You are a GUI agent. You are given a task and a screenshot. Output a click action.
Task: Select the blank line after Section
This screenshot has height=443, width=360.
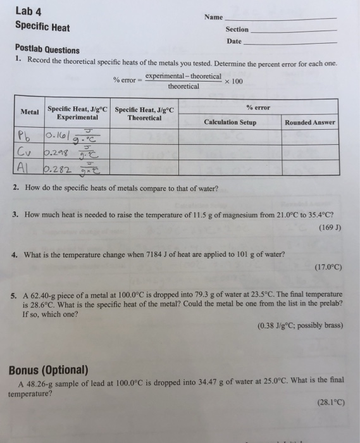pos(294,30)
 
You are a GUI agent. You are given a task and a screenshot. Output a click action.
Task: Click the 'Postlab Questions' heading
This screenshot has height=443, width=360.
pos(47,50)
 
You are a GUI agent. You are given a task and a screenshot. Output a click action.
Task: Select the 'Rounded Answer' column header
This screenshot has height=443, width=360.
pos(311,122)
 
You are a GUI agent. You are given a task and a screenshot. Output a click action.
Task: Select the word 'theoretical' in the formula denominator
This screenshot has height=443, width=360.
pos(183,86)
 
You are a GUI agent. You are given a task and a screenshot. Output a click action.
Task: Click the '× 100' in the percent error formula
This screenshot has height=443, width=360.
pos(234,81)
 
